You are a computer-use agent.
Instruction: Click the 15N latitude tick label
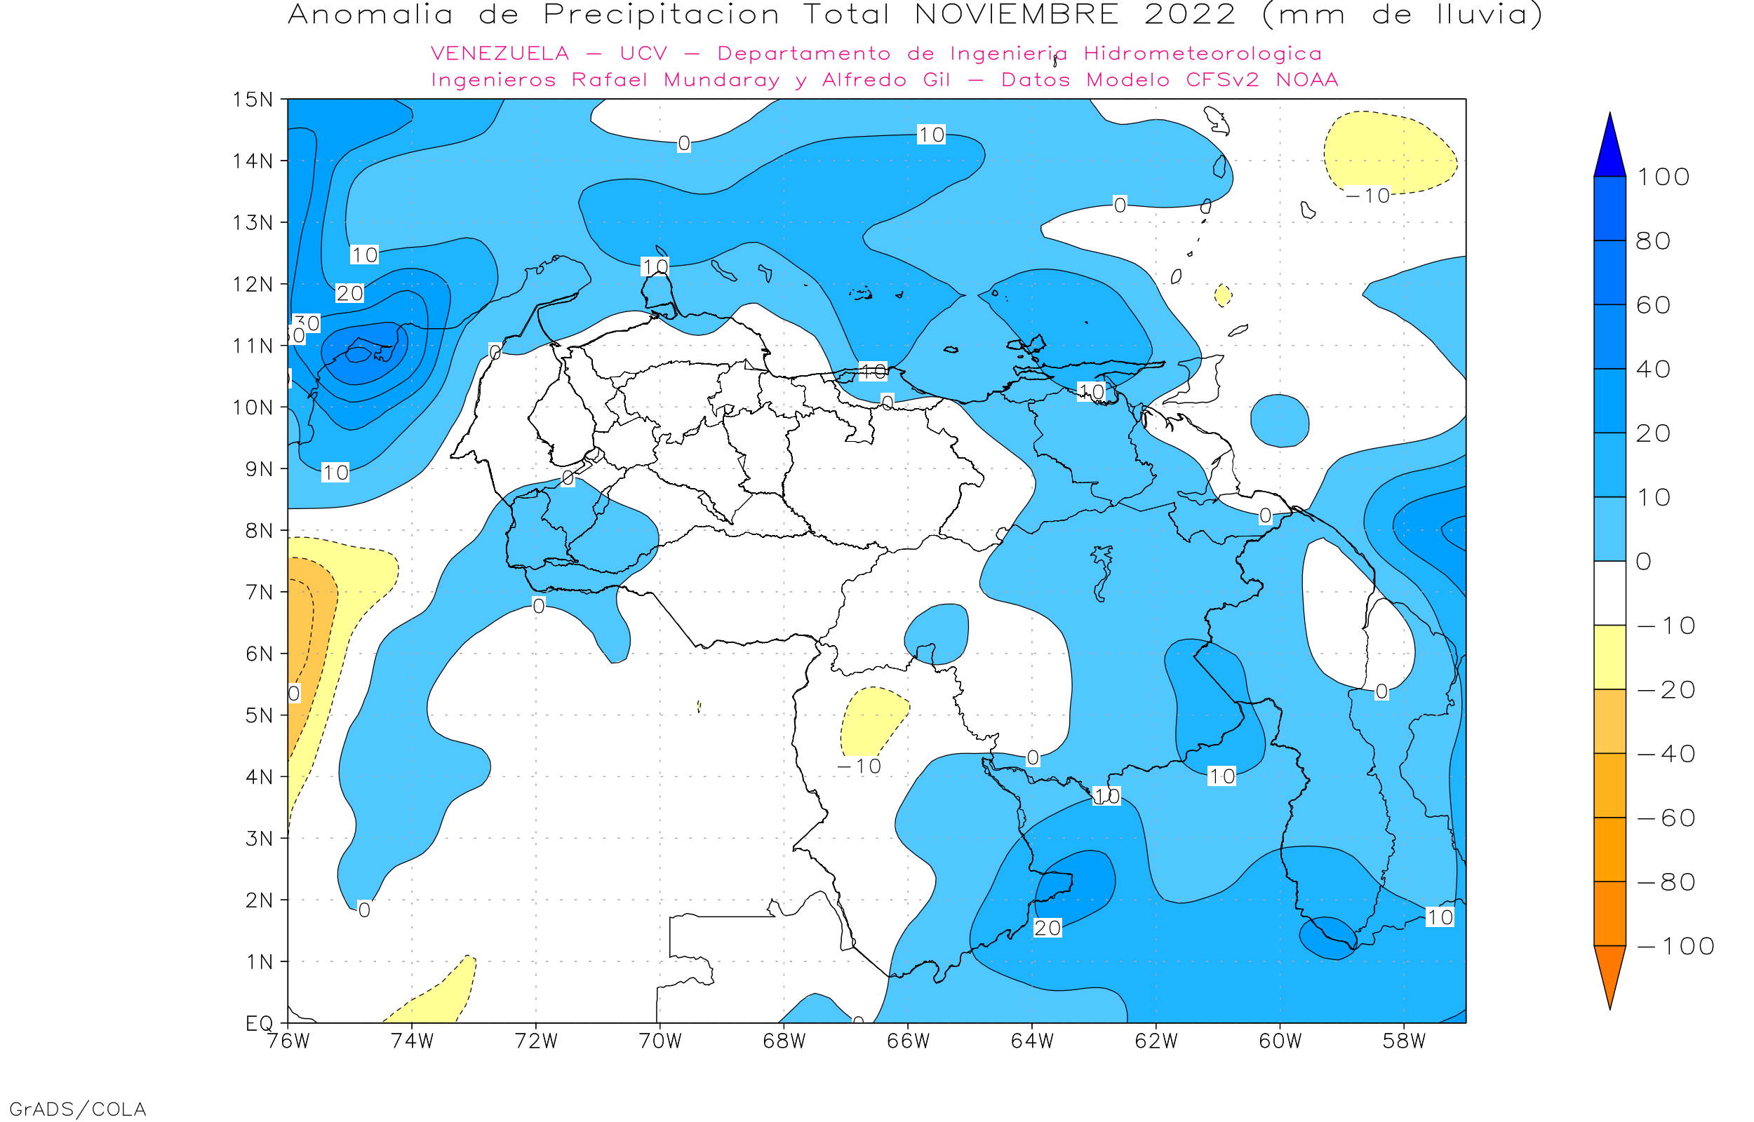coord(252,99)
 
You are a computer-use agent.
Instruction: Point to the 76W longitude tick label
coord(288,1041)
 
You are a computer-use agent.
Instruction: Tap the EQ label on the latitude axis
coord(260,1023)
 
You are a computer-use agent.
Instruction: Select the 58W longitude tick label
coord(1403,1041)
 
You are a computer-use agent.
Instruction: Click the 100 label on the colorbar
coord(1663,177)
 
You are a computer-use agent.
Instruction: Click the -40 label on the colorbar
coord(1666,754)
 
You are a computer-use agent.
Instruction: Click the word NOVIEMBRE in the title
coord(1017,15)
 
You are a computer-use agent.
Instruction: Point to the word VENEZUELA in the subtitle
coord(500,54)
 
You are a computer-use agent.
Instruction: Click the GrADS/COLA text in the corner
coord(78,1109)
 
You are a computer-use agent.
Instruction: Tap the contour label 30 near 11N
coord(307,323)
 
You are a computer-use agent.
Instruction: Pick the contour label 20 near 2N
coord(1047,928)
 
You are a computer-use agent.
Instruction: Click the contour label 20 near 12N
coord(349,293)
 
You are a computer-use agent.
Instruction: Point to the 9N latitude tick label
coord(259,469)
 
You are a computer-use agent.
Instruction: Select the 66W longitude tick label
coord(908,1041)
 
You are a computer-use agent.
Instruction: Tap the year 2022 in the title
coord(1190,15)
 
